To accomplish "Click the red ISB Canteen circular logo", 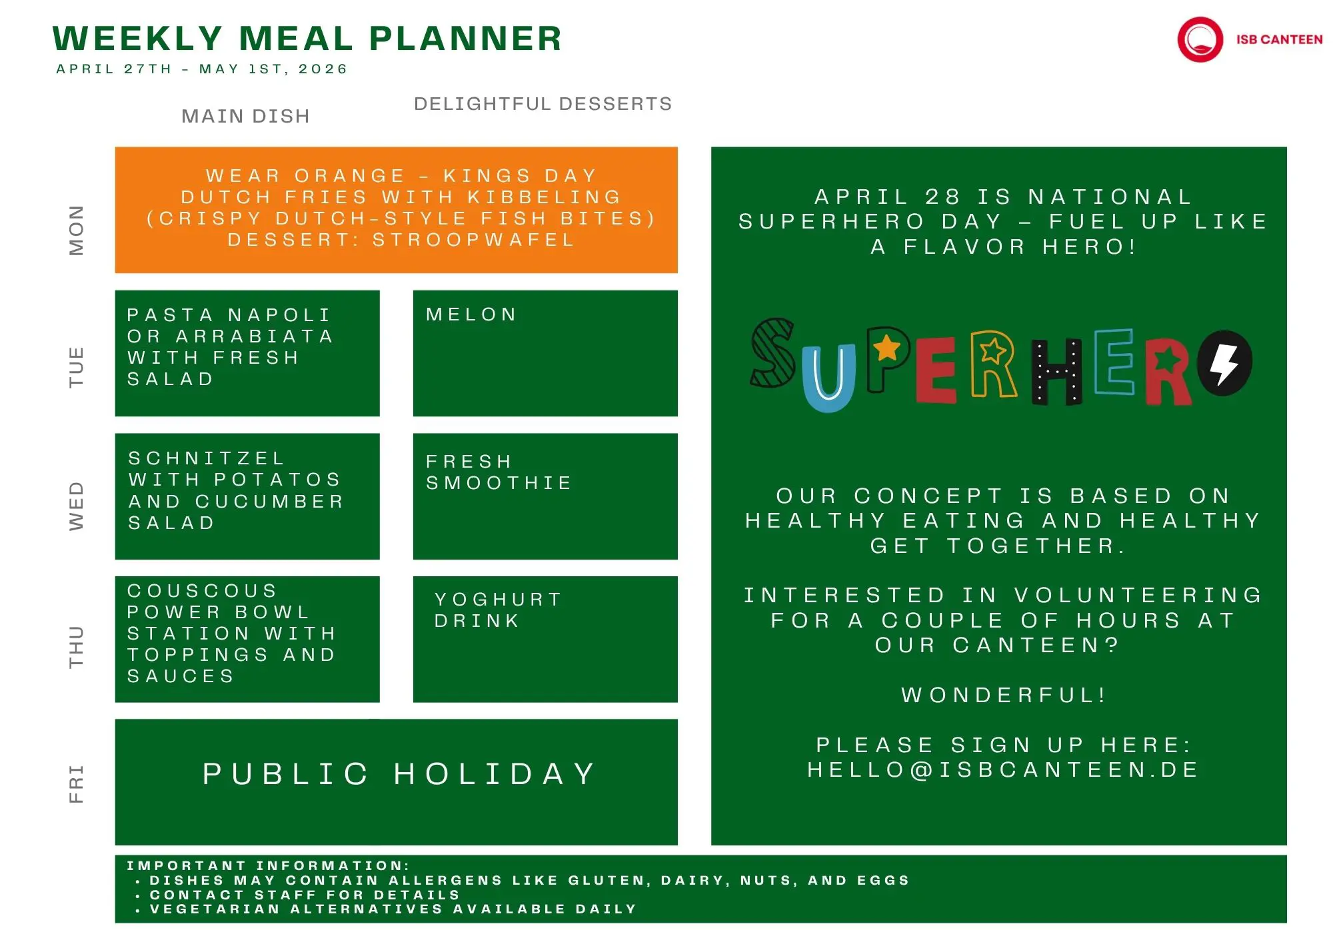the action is click(1200, 39).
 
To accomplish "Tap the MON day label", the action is click(77, 230).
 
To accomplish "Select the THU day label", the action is click(77, 646).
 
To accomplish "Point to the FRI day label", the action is click(77, 783).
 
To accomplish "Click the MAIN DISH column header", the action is click(246, 116).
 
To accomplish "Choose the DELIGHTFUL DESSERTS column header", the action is click(543, 104).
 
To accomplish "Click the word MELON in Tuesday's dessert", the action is click(471, 314).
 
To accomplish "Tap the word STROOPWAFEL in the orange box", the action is click(473, 240).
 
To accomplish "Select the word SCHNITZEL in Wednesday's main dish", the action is click(207, 458).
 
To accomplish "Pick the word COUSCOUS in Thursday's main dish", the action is click(202, 591).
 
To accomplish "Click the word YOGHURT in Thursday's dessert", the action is click(498, 600).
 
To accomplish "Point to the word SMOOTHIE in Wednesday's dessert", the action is click(499, 482).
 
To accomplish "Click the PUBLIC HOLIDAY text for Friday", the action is click(399, 774).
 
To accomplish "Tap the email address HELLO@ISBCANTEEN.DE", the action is click(1003, 770).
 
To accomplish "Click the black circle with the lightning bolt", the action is click(1224, 363).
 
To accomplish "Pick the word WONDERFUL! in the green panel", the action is click(1004, 696).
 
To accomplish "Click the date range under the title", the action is click(202, 69).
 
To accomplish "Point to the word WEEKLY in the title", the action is click(137, 39).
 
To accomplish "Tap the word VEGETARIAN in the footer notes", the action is click(215, 909).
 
